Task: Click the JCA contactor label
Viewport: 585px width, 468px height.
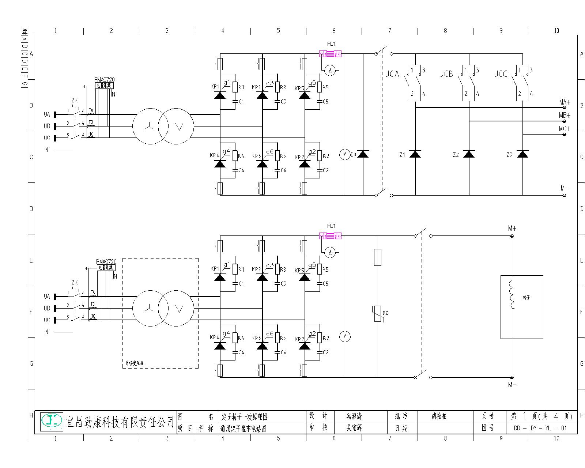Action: coord(393,74)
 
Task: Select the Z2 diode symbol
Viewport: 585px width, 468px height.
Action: coord(469,154)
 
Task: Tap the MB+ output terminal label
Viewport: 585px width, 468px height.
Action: coord(565,115)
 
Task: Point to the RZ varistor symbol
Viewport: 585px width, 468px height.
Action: coord(378,314)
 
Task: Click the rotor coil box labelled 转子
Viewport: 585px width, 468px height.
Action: coord(521,307)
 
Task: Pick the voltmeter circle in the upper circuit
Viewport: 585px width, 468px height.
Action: coord(345,154)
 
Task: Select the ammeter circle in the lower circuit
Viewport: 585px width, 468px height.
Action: coord(330,252)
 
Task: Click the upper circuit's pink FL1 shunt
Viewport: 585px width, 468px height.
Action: coord(330,54)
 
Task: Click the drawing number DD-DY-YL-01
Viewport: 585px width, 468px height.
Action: coord(540,428)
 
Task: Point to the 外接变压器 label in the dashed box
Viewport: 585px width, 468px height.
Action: coord(134,363)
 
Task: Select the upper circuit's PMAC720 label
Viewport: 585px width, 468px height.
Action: coord(104,79)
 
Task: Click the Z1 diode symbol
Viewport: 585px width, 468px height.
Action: coord(415,154)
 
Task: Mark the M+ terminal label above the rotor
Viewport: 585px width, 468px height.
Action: coord(512,228)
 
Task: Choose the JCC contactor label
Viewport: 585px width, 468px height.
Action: coord(501,74)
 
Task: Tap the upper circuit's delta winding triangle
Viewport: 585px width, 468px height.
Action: coord(179,127)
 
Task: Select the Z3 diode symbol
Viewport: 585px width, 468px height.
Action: coord(523,154)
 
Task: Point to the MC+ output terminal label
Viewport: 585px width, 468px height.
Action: coord(565,129)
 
